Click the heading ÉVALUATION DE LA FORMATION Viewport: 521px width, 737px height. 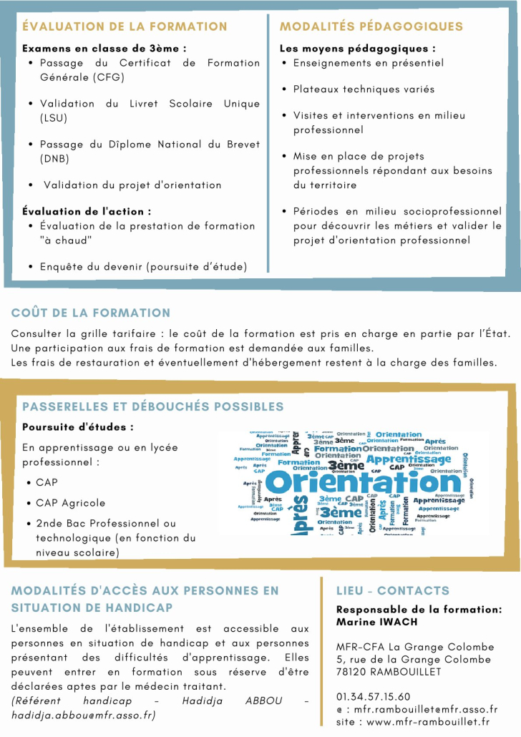[x=125, y=26]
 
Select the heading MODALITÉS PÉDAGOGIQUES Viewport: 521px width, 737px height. [x=371, y=26]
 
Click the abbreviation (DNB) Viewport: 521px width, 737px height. [x=55, y=158]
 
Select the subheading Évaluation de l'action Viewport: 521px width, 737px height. [x=87, y=211]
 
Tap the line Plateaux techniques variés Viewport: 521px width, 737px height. [x=364, y=89]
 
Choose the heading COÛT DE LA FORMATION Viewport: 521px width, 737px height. [x=91, y=313]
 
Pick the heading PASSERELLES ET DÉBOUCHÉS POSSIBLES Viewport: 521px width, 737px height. [x=152, y=406]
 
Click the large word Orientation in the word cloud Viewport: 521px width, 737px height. [x=363, y=482]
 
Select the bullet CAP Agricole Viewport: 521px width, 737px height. [x=70, y=503]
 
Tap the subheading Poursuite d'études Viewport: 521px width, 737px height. [x=78, y=427]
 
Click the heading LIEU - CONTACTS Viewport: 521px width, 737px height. [x=393, y=590]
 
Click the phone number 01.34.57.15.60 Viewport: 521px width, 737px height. [x=374, y=696]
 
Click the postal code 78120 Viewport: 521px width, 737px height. [x=353, y=672]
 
